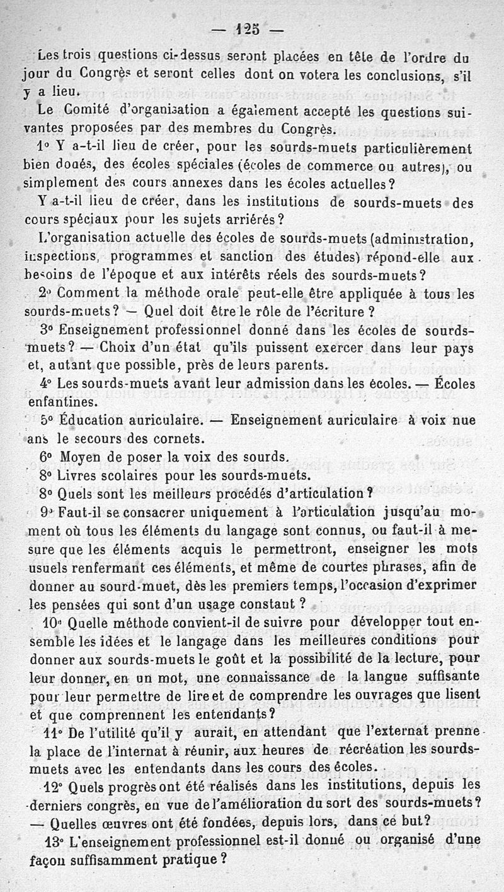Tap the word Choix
pos(122,347)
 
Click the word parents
pos(297,365)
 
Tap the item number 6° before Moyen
pos(47,457)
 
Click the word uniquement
pos(228,512)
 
